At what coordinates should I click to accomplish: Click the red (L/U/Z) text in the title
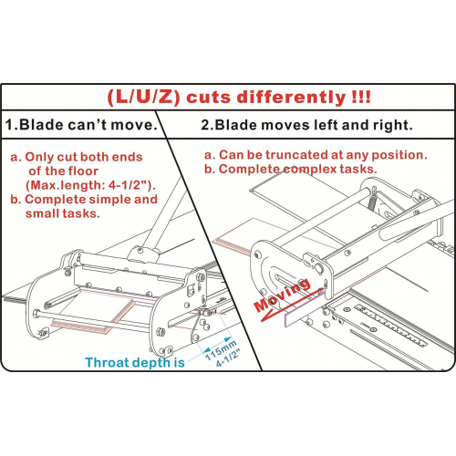click(144, 98)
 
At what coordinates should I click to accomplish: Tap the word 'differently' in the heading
click(291, 97)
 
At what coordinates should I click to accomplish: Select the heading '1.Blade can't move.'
click(82, 125)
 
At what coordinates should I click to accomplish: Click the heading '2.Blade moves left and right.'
click(306, 125)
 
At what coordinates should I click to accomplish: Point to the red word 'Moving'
click(283, 295)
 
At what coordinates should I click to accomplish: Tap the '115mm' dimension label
click(221, 350)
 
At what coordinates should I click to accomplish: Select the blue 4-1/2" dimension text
click(228, 358)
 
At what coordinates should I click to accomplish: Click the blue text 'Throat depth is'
click(135, 363)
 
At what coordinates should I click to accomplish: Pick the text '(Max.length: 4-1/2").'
click(91, 185)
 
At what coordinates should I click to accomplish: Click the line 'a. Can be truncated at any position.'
click(316, 155)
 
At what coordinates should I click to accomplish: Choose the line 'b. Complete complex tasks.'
click(290, 169)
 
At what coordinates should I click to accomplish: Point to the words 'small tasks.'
click(63, 213)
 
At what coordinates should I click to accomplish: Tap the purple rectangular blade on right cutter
click(305, 307)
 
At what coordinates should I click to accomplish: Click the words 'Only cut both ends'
click(84, 157)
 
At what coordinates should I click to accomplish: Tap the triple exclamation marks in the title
click(361, 97)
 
